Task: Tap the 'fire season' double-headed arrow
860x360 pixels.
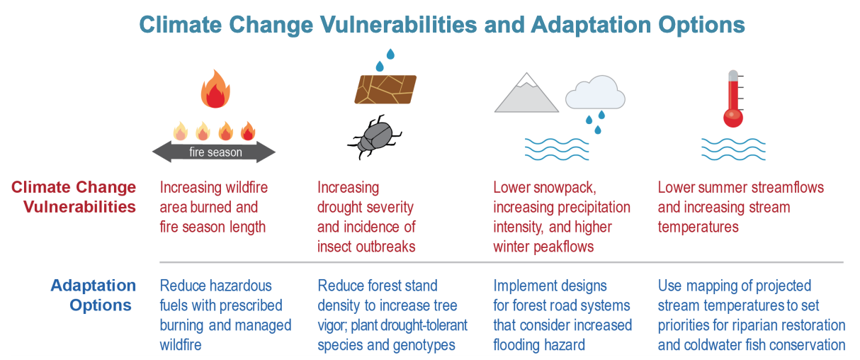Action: click(x=215, y=152)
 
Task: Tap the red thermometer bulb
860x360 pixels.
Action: click(x=732, y=117)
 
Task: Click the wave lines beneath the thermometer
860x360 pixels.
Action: click(x=733, y=149)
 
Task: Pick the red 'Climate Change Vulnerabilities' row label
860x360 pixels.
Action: click(x=74, y=197)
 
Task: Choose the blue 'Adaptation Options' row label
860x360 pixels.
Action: click(x=93, y=296)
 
